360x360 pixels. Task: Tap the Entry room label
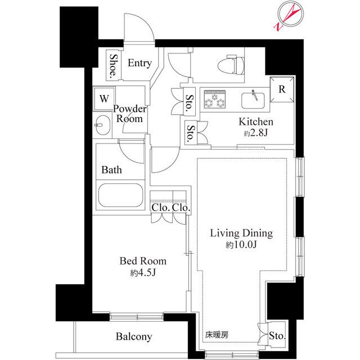pyautogui.click(x=139, y=63)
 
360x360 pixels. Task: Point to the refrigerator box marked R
pyautogui.click(x=282, y=89)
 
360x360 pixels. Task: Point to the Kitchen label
pyautogui.click(x=256, y=122)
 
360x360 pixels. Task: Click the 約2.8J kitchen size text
pyautogui.click(x=256, y=133)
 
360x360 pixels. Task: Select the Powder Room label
pyautogui.click(x=130, y=114)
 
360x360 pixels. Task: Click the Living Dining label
pyautogui.click(x=241, y=233)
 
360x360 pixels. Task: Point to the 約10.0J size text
pyautogui.click(x=241, y=245)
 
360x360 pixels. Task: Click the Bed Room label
pyautogui.click(x=143, y=261)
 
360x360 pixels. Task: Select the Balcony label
pyautogui.click(x=134, y=337)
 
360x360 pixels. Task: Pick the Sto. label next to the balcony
pyautogui.click(x=276, y=336)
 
